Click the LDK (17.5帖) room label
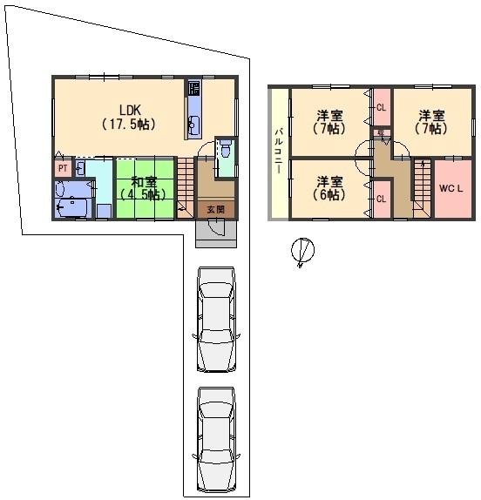click(x=130, y=117)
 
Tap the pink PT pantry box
click(x=63, y=168)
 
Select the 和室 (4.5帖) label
click(x=144, y=188)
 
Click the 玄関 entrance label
click(x=216, y=210)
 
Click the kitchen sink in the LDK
click(x=193, y=125)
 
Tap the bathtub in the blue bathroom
click(x=72, y=207)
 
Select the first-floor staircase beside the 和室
click(x=186, y=188)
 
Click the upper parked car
click(x=216, y=320)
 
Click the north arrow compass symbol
click(x=302, y=251)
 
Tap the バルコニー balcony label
click(x=279, y=151)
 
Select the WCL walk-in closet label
click(x=451, y=188)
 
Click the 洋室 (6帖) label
click(x=329, y=188)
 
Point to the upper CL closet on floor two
click(x=382, y=107)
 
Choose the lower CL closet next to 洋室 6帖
click(x=382, y=199)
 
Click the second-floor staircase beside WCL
click(x=423, y=188)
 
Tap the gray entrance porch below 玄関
click(x=216, y=233)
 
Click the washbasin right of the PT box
click(x=81, y=168)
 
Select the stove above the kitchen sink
click(x=194, y=88)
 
